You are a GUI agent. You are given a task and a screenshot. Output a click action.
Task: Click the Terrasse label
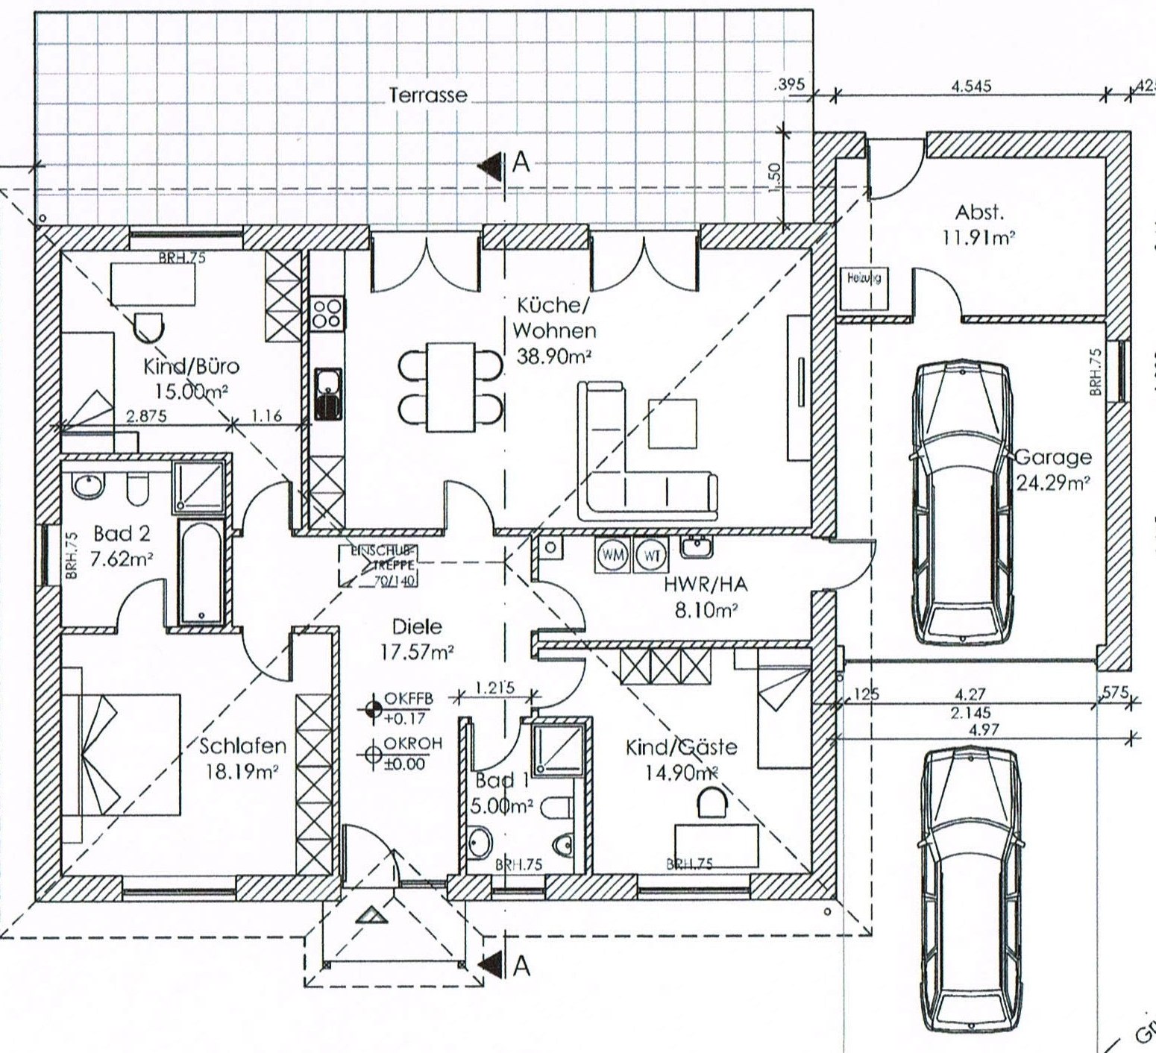coord(428,95)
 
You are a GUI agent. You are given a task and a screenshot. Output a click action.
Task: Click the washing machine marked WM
coord(614,556)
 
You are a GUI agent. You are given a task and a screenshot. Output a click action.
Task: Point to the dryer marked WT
coord(650,556)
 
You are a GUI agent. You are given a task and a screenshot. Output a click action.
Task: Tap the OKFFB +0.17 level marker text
coord(403,709)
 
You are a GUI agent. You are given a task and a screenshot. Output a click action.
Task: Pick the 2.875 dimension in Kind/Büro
coord(146,416)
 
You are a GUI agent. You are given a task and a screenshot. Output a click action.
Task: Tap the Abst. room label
coord(980,213)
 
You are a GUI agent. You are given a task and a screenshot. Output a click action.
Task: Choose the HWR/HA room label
coord(705,585)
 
